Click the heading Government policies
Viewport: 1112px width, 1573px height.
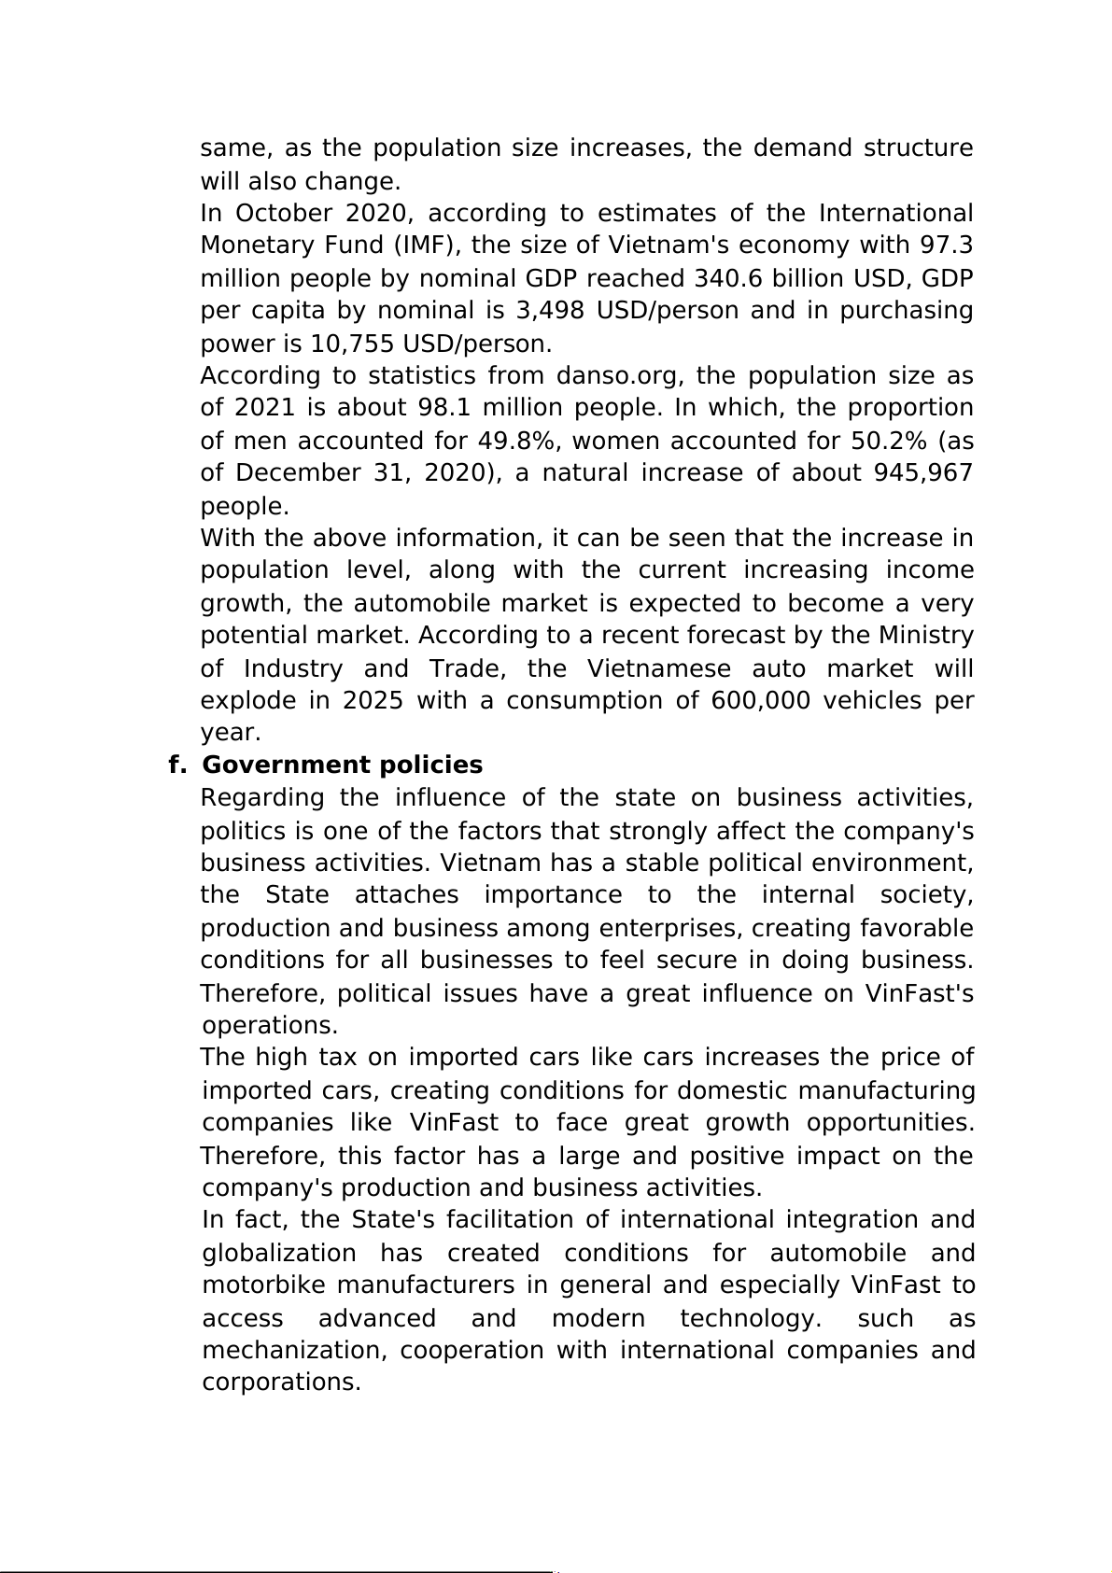click(x=343, y=765)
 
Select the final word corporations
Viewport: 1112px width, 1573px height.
click(x=281, y=1383)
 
